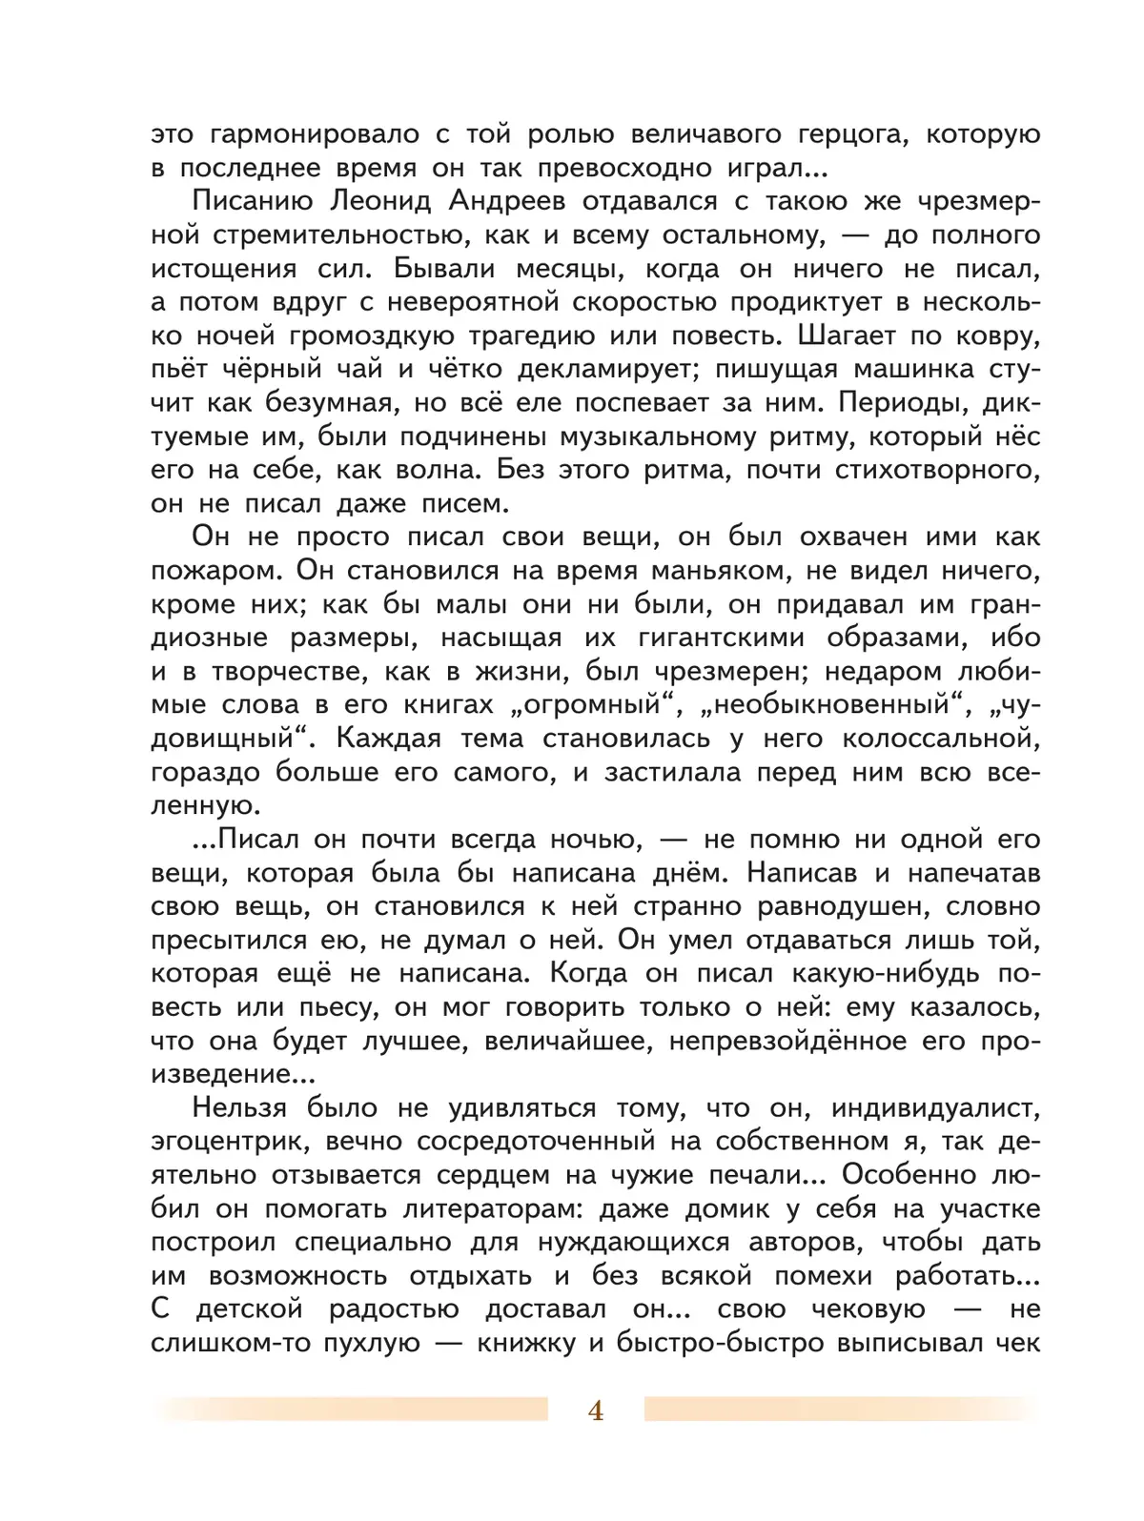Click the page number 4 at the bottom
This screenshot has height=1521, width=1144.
596,1411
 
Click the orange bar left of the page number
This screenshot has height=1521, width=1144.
353,1409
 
